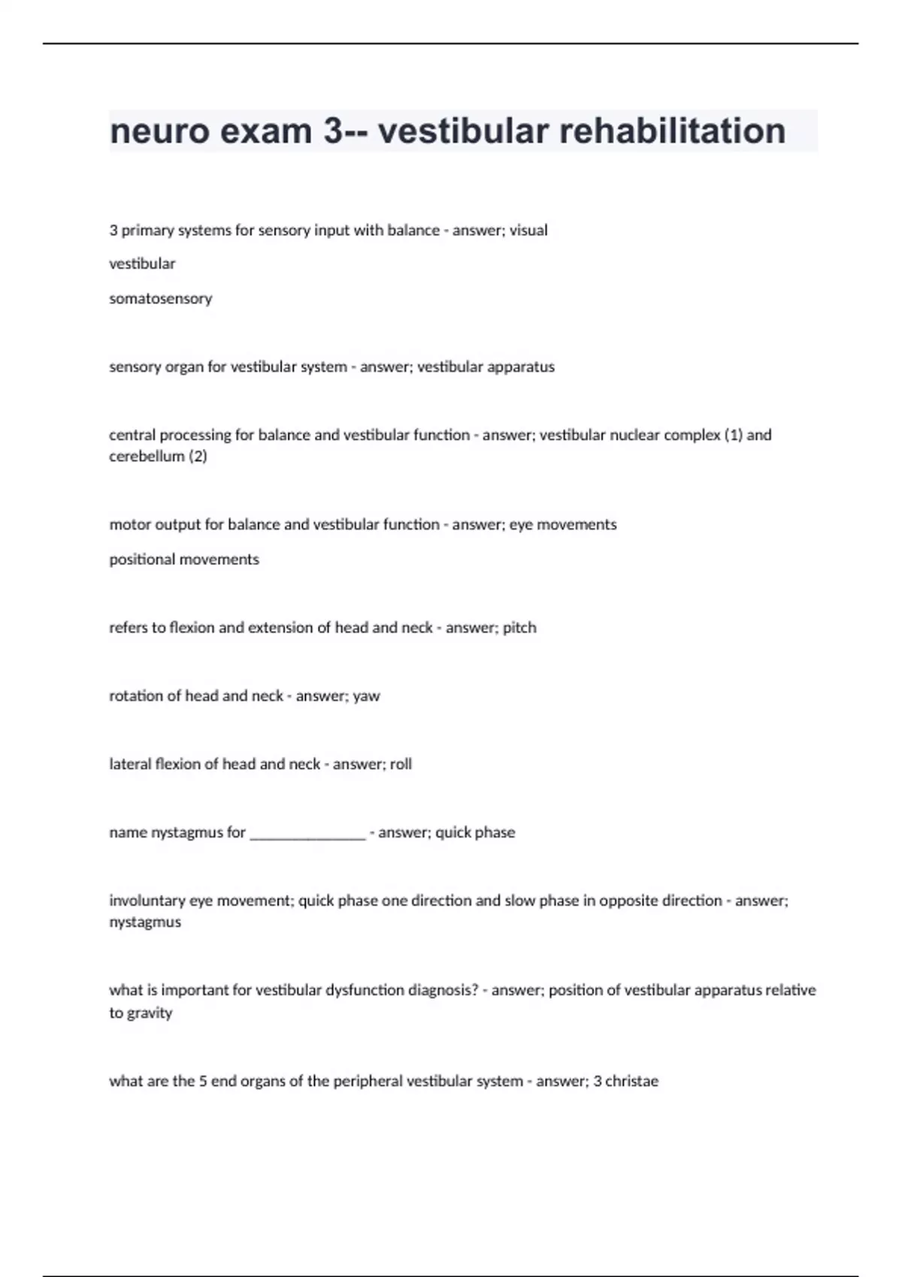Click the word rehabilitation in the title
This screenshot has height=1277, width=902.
(673, 131)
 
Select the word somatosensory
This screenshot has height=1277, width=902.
(160, 298)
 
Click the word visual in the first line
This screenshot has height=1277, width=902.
(528, 230)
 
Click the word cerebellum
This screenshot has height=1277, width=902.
(146, 456)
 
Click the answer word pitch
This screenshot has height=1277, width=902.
(519, 627)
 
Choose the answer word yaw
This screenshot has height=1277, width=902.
(366, 696)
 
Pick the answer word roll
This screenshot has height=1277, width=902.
(401, 764)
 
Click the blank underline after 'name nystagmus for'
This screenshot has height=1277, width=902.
(307, 834)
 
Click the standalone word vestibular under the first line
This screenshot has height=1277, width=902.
(142, 264)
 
